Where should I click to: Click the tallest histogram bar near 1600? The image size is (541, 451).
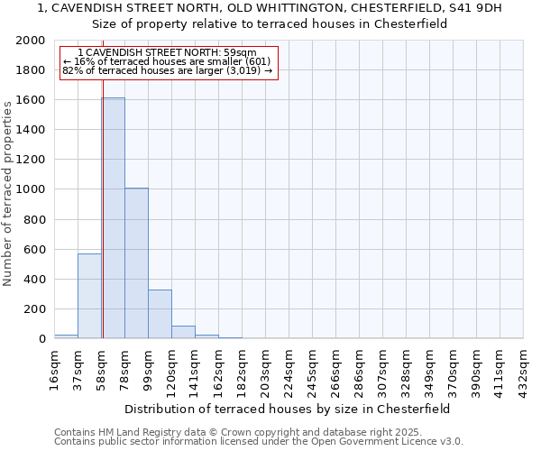point(113,218)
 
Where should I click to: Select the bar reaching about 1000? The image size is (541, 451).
point(136,263)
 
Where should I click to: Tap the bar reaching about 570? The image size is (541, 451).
point(89,296)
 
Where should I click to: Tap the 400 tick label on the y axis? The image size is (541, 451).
point(34,280)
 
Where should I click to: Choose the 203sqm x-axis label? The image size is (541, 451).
point(266,368)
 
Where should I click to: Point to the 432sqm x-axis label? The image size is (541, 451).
point(524,368)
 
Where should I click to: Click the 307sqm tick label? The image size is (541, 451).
point(383,368)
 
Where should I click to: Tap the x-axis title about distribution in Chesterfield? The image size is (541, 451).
point(288,409)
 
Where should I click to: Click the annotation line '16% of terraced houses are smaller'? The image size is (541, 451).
point(167,61)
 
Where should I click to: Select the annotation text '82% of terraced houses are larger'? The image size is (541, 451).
point(167,70)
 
